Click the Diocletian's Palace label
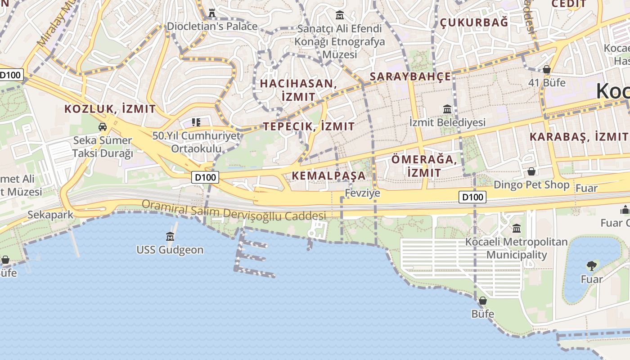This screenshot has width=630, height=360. [x=212, y=26]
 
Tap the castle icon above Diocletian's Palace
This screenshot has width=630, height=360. [x=212, y=13]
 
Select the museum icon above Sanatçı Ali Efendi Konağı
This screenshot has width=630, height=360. [x=340, y=16]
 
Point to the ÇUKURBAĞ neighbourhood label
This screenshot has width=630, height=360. [x=473, y=22]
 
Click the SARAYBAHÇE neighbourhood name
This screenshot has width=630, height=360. [x=410, y=76]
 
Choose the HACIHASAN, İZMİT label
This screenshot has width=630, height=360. [x=298, y=90]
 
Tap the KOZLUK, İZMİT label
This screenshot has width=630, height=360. [x=110, y=109]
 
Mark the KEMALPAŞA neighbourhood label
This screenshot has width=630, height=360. [x=329, y=175]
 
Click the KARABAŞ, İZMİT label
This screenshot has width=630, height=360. [x=579, y=137]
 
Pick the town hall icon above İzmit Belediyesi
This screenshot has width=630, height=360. [x=447, y=109]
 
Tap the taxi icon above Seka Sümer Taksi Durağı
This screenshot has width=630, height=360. [x=103, y=127]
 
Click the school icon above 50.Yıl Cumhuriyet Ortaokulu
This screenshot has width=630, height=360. [x=196, y=122]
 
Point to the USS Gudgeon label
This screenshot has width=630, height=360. [x=170, y=250]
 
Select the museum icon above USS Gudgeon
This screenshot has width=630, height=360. [x=170, y=236]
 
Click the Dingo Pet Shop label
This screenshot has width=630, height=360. [x=531, y=185]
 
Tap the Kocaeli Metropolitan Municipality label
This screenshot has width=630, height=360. [x=516, y=248]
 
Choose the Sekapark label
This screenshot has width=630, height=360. [x=50, y=215]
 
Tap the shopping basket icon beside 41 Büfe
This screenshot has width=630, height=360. [x=547, y=69]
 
